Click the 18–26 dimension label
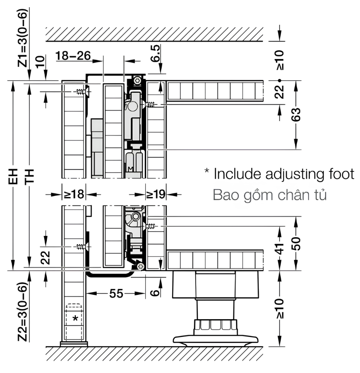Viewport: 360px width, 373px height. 73,56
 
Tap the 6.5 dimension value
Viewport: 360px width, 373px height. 156,53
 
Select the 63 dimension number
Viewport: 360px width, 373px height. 296,115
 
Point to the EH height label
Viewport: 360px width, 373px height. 13,176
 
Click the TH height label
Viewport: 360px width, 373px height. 30,176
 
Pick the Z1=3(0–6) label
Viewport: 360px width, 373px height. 23,38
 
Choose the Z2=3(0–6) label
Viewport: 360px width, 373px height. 23,312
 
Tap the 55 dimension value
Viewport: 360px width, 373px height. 116,294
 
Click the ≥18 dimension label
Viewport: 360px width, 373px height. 74,194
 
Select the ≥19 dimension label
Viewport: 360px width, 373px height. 156,194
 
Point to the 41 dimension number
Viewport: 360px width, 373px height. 280,249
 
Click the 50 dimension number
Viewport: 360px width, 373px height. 296,244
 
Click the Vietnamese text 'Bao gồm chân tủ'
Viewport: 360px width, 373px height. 270,195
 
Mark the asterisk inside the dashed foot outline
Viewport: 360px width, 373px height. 75,318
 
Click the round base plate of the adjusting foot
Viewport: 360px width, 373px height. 216,340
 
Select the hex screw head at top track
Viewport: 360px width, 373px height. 137,81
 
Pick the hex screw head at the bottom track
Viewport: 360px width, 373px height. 141,267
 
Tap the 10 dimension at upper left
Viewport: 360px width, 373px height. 40,62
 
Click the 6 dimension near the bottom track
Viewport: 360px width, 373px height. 155,293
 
